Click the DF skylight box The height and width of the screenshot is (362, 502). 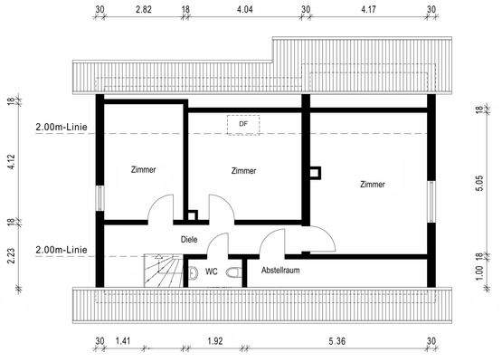(x=242, y=125)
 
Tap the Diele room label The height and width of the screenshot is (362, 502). (x=189, y=240)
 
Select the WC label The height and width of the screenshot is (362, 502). (x=211, y=271)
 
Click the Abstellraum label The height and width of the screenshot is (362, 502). (x=281, y=271)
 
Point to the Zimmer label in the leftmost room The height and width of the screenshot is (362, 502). (x=143, y=170)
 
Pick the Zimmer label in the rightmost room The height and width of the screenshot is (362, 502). (x=372, y=184)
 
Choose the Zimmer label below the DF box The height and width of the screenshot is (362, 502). (x=243, y=170)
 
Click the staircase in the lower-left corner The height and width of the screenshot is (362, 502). (x=160, y=270)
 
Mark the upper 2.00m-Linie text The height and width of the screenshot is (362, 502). (x=61, y=127)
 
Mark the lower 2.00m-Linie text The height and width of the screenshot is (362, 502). (x=61, y=249)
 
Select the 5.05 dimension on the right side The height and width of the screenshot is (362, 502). (x=479, y=185)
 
